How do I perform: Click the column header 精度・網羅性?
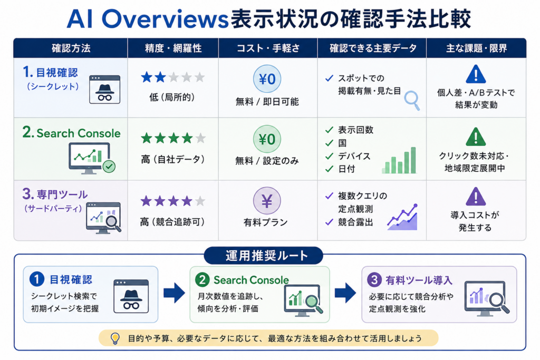[173, 48]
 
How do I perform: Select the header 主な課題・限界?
[476, 48]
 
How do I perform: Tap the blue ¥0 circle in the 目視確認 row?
[267, 79]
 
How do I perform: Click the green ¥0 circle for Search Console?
[267, 139]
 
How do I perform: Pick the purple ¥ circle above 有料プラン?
[267, 201]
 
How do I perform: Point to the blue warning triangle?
[476, 74]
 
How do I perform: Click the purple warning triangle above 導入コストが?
[476, 197]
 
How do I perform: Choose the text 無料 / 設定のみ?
[267, 161]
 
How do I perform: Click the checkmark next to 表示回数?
[329, 130]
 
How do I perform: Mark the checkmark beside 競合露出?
[329, 222]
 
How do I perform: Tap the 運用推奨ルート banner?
[264, 256]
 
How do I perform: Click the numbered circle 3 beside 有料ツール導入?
[374, 280]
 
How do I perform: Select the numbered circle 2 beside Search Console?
[202, 280]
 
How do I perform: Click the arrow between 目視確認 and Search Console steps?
[174, 293]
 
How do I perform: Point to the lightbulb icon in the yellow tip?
[115, 339]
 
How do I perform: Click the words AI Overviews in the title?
[148, 19]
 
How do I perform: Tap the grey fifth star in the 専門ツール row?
[200, 201]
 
